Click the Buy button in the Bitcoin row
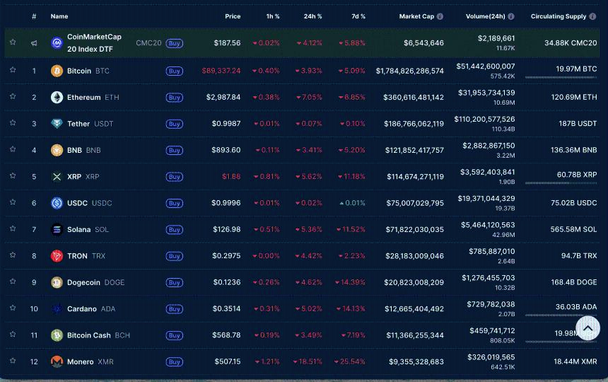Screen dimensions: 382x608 (x=174, y=71)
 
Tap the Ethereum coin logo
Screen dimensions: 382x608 (x=57, y=98)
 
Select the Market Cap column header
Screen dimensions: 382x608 (x=416, y=16)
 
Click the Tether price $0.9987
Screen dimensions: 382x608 (x=226, y=124)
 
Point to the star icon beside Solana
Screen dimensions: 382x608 (x=13, y=229)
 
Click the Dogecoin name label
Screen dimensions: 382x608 (x=83, y=282)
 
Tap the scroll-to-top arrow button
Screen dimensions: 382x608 (x=587, y=328)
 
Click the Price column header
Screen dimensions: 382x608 (x=233, y=16)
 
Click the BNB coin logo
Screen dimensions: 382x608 (x=57, y=150)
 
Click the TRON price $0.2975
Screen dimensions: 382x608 (x=226, y=256)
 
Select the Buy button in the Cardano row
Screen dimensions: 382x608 (x=174, y=308)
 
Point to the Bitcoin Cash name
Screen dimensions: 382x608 (x=88, y=335)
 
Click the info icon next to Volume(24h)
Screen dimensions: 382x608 (x=511, y=16)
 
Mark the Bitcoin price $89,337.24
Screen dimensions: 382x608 (x=221, y=71)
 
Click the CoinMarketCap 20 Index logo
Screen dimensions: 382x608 (x=57, y=43)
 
